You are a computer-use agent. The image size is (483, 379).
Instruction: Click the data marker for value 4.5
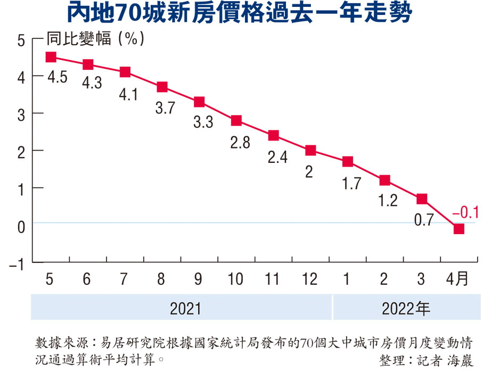tap(51, 57)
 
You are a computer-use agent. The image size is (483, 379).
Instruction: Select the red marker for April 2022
tap(459, 228)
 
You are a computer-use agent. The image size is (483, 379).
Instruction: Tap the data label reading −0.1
tap(465, 213)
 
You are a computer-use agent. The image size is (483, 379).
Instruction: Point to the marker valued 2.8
tap(236, 120)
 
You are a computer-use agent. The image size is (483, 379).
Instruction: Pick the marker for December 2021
tap(310, 150)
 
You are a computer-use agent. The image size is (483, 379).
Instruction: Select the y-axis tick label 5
tap(21, 41)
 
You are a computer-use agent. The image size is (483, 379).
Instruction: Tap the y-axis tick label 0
tap(21, 227)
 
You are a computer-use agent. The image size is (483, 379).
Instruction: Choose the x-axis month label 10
tap(236, 279)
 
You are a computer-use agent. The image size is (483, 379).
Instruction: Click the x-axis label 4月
tap(457, 279)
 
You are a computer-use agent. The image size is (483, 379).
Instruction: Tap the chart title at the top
tap(241, 14)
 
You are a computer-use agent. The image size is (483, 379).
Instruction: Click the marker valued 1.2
tap(384, 180)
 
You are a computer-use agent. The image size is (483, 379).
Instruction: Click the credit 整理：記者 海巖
tap(426, 360)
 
